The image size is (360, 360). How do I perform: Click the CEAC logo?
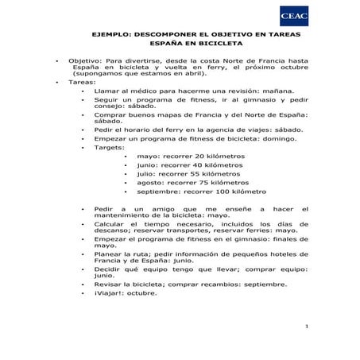293,16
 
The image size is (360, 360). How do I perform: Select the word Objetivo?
84,60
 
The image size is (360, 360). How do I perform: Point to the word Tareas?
82,82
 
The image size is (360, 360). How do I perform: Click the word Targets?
109,147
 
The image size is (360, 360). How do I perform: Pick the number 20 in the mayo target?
200,157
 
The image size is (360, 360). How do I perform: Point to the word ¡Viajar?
108,292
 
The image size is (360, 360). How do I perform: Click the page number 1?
306,327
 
